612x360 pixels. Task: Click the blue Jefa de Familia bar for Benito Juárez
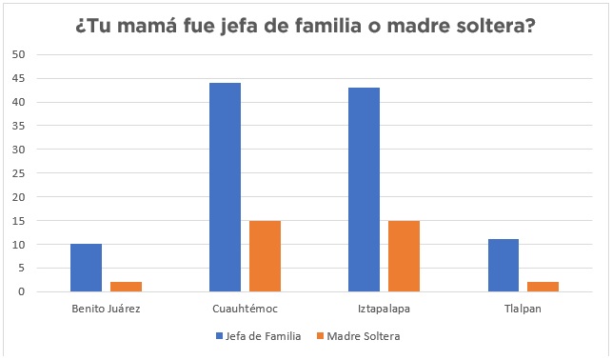(x=86, y=268)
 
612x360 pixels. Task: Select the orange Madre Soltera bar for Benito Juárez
(x=126, y=287)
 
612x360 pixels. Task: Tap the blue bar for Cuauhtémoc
(x=225, y=188)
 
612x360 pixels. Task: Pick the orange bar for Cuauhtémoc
(x=265, y=256)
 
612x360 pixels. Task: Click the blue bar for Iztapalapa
(x=364, y=190)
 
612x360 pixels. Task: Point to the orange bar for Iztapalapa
(x=404, y=256)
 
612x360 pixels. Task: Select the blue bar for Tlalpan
(x=503, y=266)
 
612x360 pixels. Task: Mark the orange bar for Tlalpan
(x=543, y=287)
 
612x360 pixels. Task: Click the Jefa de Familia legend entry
(x=258, y=335)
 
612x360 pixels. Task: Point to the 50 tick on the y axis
(x=18, y=54)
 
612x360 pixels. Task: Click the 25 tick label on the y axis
(x=18, y=173)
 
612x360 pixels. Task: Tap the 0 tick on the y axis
(x=21, y=292)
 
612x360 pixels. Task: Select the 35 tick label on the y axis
(x=18, y=126)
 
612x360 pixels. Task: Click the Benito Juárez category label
(x=106, y=309)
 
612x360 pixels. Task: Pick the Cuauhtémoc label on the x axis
(x=245, y=309)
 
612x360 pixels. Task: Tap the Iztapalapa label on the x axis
(x=384, y=309)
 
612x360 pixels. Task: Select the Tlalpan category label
(x=523, y=309)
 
